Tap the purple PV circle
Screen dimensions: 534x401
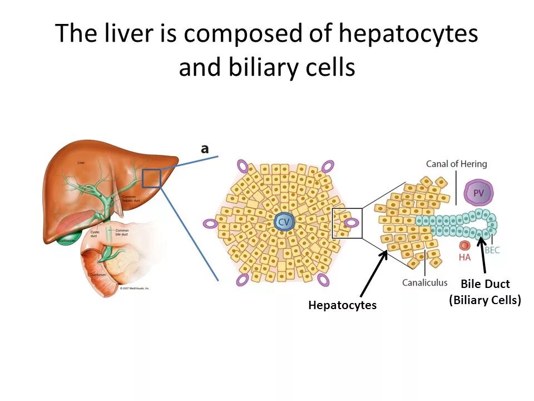478,193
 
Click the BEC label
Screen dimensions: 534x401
492,250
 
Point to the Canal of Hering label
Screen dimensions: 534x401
456,164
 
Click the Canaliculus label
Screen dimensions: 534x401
424,282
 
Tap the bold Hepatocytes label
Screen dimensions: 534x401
342,305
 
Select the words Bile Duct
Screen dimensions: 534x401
485,285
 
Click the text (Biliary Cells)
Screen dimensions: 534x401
485,300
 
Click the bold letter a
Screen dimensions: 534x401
205,149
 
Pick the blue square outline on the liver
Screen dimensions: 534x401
151,178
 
